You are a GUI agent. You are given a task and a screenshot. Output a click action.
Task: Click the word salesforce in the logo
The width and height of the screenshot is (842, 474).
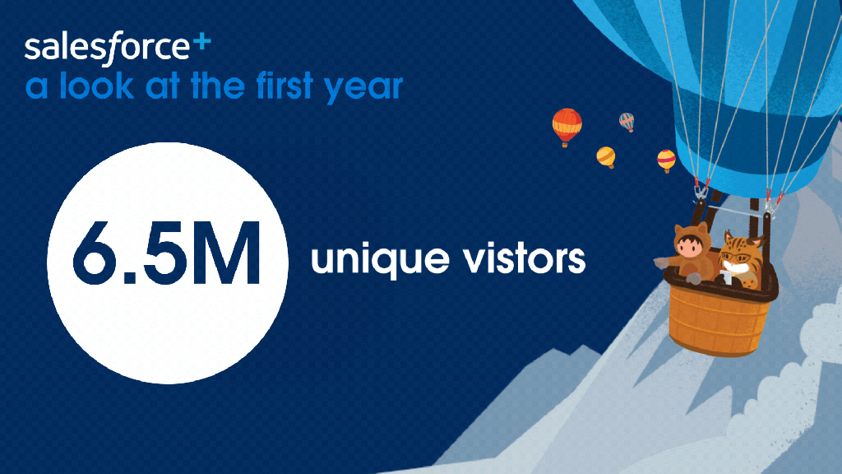click(x=107, y=47)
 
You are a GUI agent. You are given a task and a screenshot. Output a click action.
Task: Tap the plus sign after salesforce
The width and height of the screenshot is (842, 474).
click(x=201, y=43)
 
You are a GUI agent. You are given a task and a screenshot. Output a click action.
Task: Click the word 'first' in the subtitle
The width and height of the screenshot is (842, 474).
click(x=285, y=85)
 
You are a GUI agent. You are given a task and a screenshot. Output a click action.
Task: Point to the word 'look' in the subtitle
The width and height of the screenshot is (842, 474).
click(x=96, y=86)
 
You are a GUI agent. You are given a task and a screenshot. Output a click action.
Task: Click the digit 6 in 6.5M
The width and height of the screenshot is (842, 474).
click(x=96, y=252)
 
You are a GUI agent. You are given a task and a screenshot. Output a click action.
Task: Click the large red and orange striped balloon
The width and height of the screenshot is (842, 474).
click(x=567, y=127)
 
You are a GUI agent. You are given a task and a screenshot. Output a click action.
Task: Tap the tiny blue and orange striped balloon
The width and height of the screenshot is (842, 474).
click(x=627, y=122)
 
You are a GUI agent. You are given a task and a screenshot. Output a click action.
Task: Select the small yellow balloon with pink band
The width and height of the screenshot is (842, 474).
click(x=666, y=160)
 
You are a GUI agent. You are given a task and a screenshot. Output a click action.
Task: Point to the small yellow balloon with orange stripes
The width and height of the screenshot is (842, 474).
click(x=606, y=157)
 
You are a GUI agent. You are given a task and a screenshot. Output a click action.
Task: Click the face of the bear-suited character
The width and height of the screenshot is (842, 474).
click(x=690, y=248)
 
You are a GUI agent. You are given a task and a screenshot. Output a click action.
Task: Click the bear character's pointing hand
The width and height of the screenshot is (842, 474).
click(x=661, y=263)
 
